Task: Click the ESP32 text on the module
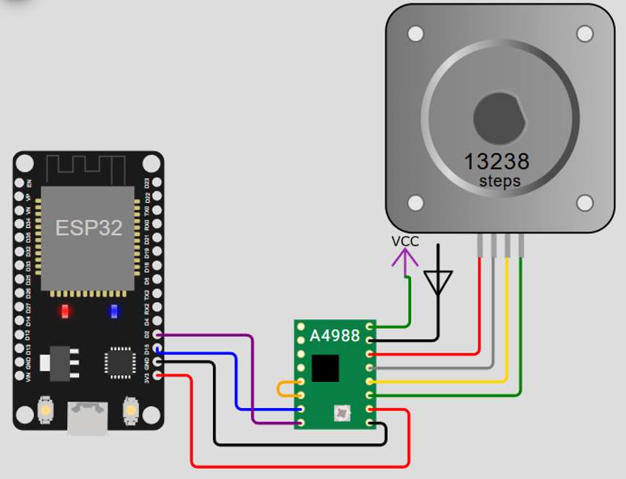click(88, 228)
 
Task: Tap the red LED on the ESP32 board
click(66, 312)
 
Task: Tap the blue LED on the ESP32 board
click(114, 312)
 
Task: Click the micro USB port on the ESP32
click(88, 419)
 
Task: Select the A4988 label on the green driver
click(334, 336)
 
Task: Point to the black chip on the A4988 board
click(325, 368)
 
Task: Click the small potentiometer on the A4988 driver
click(340, 414)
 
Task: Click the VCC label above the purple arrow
click(405, 242)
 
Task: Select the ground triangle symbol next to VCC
click(439, 281)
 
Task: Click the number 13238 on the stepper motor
click(496, 161)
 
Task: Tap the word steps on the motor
click(499, 181)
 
